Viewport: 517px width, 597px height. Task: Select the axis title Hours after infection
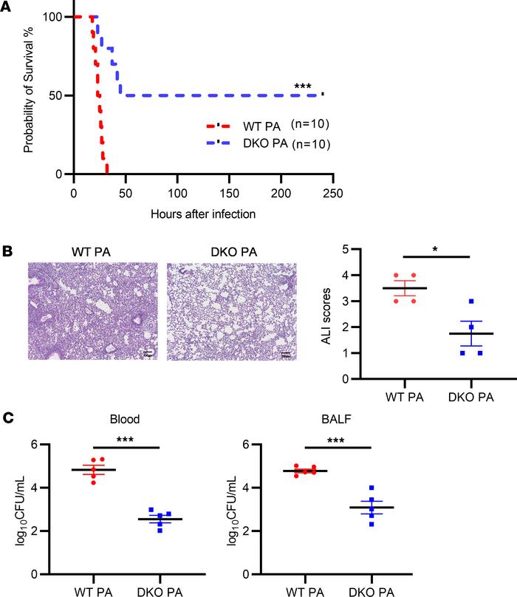(x=203, y=214)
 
